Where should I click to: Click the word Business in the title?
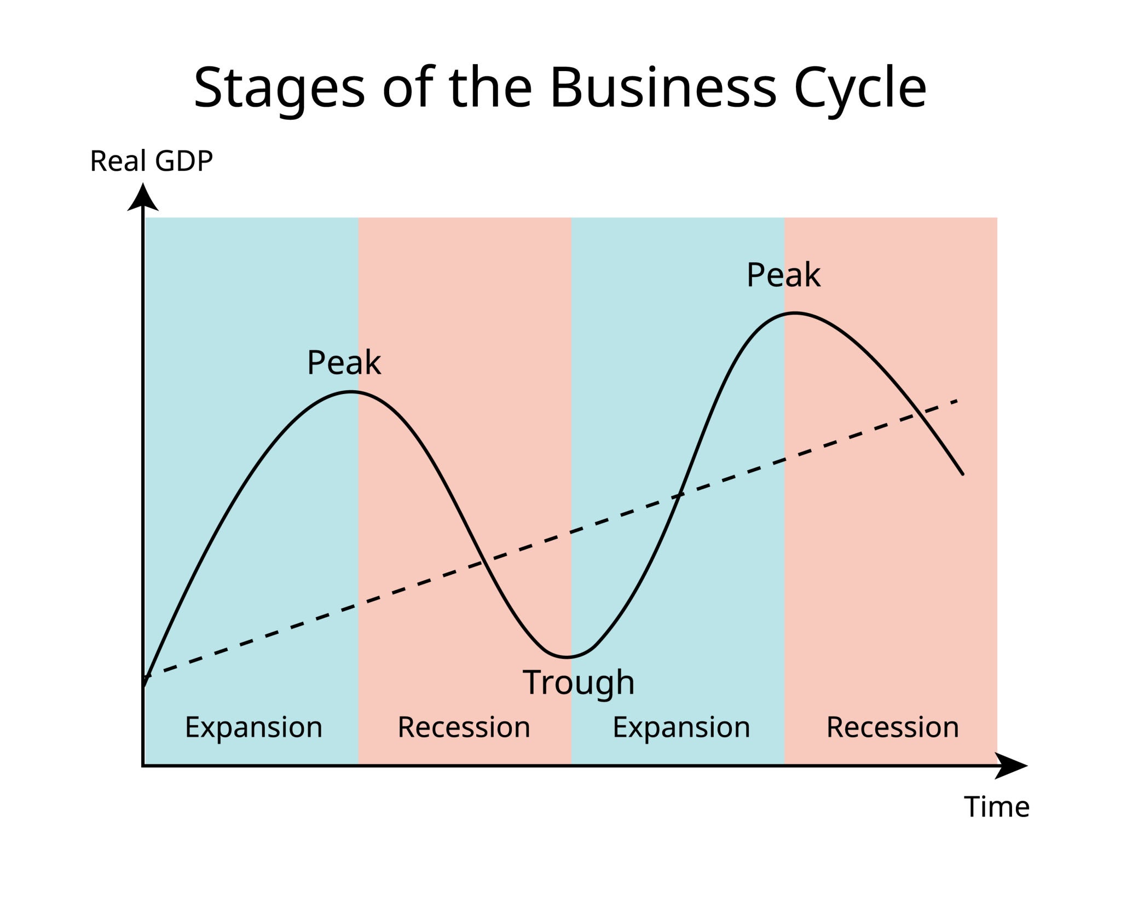(x=663, y=88)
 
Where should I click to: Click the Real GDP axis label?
(x=151, y=161)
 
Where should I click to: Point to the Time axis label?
(x=996, y=807)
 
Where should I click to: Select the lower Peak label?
(x=344, y=362)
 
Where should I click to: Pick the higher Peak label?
(x=783, y=275)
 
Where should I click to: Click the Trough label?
(x=579, y=682)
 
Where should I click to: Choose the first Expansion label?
(x=253, y=727)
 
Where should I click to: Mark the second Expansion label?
(x=681, y=727)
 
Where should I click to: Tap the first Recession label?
(x=464, y=727)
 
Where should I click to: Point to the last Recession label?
(x=892, y=727)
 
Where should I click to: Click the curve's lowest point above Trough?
(x=568, y=657)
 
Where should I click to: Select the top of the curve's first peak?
(x=351, y=392)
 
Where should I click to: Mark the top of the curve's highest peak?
(x=794, y=313)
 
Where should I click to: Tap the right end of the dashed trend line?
(x=957, y=401)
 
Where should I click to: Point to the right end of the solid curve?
(x=962, y=474)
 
